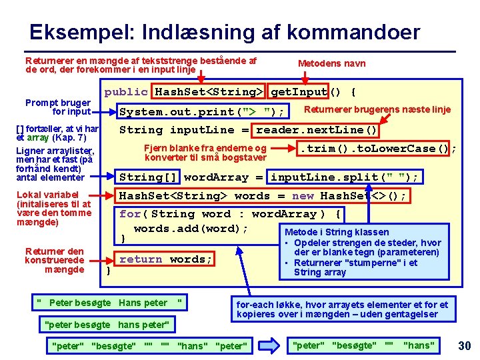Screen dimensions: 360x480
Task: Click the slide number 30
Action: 465,345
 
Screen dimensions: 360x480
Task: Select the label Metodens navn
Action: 331,63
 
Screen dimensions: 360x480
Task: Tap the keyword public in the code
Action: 126,92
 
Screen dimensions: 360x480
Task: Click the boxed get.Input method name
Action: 299,92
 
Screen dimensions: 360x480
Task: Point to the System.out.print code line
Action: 202,111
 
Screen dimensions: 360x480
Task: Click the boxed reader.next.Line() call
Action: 317,130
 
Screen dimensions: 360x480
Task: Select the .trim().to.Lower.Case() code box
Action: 375,149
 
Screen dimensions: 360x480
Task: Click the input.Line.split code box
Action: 344,177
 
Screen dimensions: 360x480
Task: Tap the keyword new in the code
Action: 303,196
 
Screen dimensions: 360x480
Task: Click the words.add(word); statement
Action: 191,229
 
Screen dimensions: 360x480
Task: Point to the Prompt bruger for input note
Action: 58,107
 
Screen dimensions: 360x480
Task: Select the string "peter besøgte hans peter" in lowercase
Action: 107,325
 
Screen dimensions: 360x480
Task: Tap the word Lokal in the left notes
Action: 30,195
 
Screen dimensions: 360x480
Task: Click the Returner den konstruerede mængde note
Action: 54,261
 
